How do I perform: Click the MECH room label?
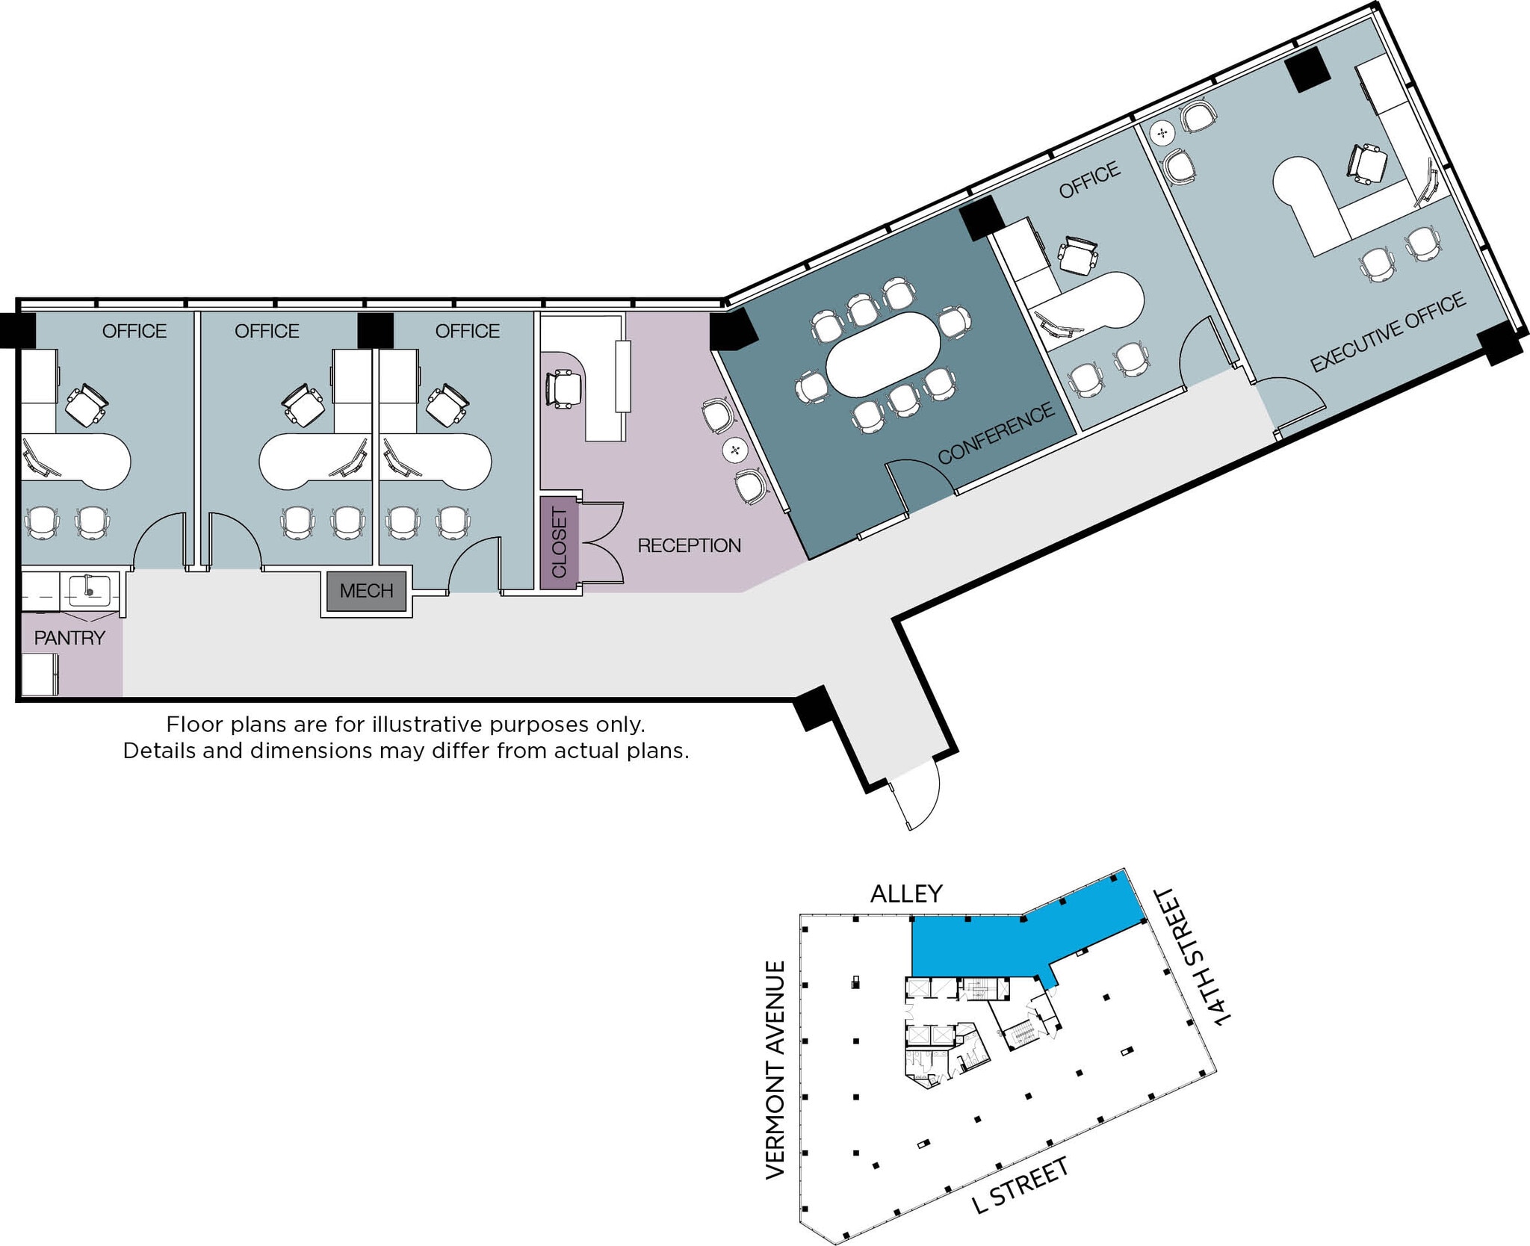[366, 591]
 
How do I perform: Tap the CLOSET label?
[560, 542]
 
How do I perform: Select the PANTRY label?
[69, 638]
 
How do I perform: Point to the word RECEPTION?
[689, 546]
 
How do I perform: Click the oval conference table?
[883, 354]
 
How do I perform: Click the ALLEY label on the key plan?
[906, 893]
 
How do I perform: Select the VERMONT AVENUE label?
[775, 1070]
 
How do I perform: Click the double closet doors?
[601, 542]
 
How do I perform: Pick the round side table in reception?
[736, 450]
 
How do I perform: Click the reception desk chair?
[564, 388]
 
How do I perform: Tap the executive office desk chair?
[1368, 162]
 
